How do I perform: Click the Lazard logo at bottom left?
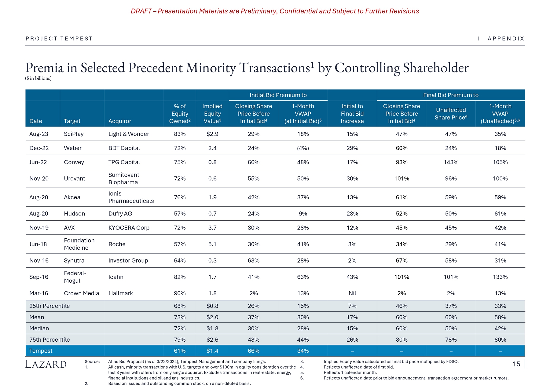click(x=46, y=364)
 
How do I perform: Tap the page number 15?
click(x=516, y=364)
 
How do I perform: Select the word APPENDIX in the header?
click(x=506, y=39)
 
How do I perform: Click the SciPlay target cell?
click(x=74, y=134)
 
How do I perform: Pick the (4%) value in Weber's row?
click(x=303, y=148)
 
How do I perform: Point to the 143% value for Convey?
click(x=451, y=162)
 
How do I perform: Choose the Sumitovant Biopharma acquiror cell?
click(x=124, y=178)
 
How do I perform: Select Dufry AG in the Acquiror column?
click(x=120, y=213)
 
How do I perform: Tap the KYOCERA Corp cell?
click(x=129, y=228)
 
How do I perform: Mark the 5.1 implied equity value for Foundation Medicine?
click(x=212, y=244)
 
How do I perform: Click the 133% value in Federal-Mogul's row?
click(x=500, y=277)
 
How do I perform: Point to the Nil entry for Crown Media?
click(x=352, y=293)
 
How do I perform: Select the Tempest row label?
click(x=41, y=351)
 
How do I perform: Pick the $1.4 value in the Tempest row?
click(x=212, y=351)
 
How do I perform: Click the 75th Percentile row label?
click(x=50, y=339)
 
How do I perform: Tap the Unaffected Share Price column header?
click(x=451, y=114)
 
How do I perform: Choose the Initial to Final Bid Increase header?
click(x=352, y=114)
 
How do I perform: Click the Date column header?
click(x=36, y=121)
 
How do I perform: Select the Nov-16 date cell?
click(x=39, y=260)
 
